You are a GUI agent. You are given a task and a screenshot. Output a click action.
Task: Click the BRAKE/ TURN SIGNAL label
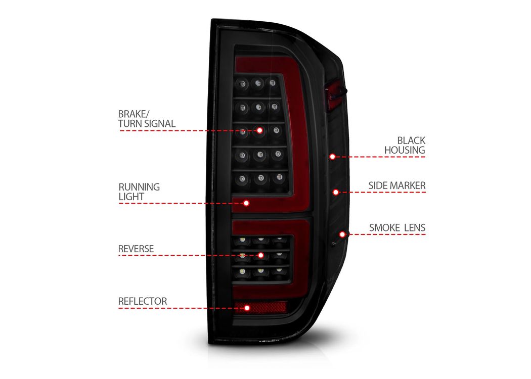[x=147, y=119]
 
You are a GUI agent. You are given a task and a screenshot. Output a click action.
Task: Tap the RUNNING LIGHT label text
[x=139, y=192]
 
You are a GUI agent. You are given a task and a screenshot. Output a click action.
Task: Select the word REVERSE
[x=136, y=249]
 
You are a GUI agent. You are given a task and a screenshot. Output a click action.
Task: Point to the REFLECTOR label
[x=142, y=301]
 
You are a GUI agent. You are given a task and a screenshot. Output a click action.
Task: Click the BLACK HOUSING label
[x=405, y=145]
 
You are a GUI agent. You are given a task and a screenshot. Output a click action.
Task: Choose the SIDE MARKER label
[x=397, y=185]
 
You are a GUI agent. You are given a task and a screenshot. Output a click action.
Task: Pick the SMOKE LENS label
[x=397, y=228]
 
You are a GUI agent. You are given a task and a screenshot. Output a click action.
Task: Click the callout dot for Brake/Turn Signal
[x=260, y=130]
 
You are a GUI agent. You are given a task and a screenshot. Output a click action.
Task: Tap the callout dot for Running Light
[x=246, y=203]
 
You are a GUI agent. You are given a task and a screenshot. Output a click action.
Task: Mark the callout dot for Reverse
[x=261, y=255]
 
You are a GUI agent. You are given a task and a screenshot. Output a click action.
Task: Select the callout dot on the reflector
[x=247, y=308]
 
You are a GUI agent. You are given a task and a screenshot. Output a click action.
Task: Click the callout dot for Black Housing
[x=333, y=157]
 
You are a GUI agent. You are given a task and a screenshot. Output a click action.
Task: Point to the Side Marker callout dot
[x=336, y=192]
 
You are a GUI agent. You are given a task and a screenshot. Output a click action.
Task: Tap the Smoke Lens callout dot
[x=342, y=234]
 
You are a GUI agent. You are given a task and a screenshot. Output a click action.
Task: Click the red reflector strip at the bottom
[x=261, y=307]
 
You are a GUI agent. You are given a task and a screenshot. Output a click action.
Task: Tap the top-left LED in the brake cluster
[x=242, y=83]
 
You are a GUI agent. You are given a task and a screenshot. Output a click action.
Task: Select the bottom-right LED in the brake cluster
[x=279, y=177]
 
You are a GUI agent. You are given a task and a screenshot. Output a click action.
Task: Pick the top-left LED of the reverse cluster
[x=242, y=240]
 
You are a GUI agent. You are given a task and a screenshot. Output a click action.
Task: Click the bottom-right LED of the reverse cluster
[x=279, y=270]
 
